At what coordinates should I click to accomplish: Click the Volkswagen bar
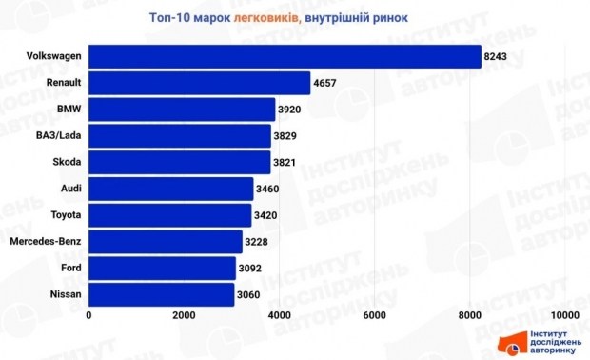[x=285, y=56]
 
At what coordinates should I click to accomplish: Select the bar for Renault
[x=199, y=83]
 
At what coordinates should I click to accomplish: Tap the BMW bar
[x=182, y=110]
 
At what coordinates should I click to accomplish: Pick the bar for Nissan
[x=162, y=295]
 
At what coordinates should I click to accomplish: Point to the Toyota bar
[x=170, y=215]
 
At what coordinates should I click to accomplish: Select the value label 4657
[x=325, y=84]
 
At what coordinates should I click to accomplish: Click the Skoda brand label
[x=67, y=163]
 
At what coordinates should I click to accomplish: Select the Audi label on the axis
[x=69, y=190]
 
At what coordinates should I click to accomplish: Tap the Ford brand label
[x=69, y=270]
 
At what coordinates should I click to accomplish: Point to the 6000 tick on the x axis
[x=375, y=315]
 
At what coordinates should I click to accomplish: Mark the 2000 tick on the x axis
[x=185, y=315]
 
